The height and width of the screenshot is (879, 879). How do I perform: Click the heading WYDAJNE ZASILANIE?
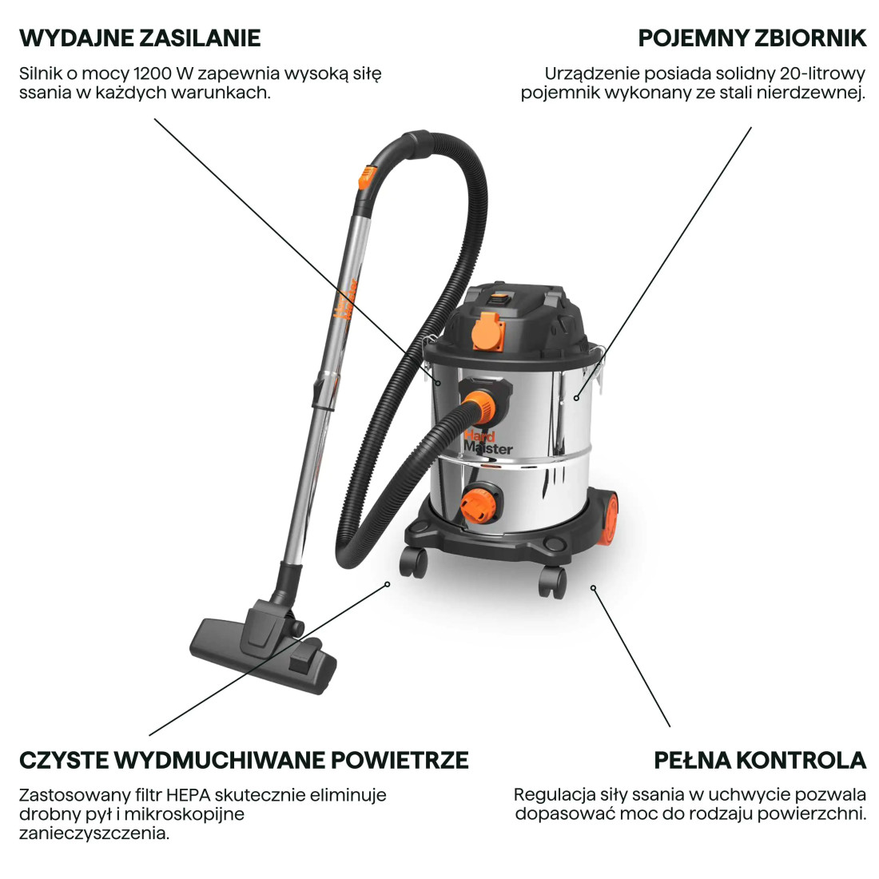click(140, 38)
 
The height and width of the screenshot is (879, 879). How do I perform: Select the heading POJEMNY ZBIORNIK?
click(752, 38)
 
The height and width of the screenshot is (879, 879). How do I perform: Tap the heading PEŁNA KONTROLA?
click(760, 760)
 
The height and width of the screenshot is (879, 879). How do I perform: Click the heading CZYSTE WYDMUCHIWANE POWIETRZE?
click(244, 760)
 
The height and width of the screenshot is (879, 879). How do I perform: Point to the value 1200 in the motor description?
click(152, 74)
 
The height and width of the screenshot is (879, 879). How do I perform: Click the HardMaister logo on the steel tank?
click(487, 442)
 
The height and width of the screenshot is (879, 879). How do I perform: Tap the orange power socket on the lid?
click(487, 331)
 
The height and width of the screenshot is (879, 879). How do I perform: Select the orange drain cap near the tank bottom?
click(478, 503)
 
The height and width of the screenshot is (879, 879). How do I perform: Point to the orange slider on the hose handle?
click(368, 177)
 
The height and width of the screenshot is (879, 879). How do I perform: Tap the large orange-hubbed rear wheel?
click(607, 519)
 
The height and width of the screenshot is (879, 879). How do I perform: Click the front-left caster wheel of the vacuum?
click(413, 562)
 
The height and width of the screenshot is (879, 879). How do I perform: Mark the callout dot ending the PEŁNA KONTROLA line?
click(593, 588)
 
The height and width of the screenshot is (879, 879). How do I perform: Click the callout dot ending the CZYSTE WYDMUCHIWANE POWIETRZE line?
click(388, 584)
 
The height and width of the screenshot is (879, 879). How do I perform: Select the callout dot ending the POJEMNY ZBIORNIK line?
click(576, 398)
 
